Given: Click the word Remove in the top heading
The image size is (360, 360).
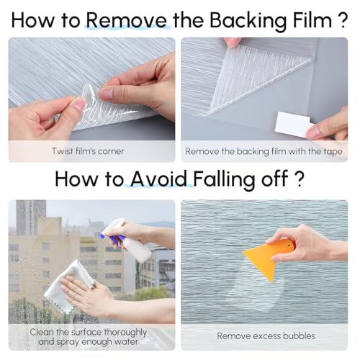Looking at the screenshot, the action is point(126,20).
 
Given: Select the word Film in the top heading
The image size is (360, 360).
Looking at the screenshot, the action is point(312,20).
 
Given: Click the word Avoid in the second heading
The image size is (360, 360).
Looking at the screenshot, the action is point(158,179).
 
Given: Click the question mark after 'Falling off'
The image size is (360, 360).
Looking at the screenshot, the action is point(299,179).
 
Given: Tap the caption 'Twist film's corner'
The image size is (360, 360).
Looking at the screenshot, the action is point(88,151).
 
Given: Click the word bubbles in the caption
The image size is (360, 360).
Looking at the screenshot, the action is point(299,336).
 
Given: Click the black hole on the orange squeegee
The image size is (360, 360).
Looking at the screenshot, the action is point(289,246).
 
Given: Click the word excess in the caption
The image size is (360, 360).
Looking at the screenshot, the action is point(266,336).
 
